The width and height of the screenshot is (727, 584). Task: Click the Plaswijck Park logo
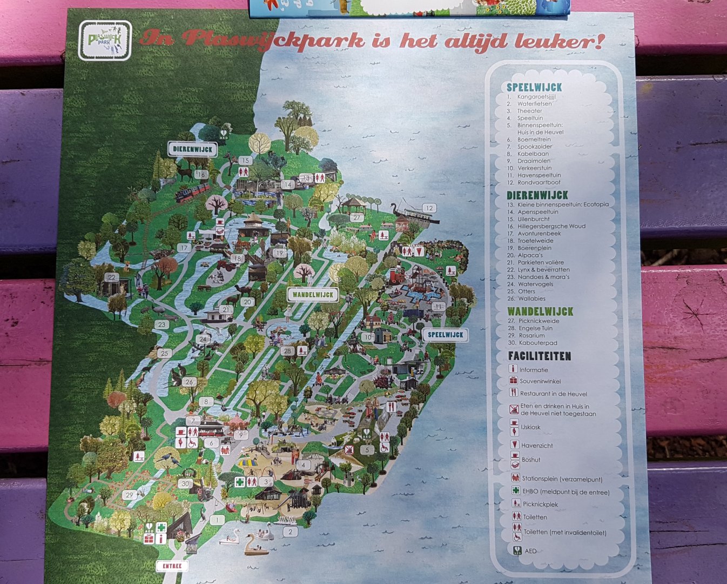point(105,41)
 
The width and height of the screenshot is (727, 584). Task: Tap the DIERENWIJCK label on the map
point(192,149)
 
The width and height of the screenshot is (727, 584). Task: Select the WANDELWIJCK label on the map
point(312,295)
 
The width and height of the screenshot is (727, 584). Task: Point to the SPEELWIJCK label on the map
point(445,335)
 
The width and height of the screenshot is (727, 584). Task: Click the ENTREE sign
point(172,566)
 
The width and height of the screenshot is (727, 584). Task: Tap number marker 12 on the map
point(429,208)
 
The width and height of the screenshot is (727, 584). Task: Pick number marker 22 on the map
point(112,277)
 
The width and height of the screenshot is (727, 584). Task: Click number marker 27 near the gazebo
point(356,218)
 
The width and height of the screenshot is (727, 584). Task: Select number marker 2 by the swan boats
point(291,532)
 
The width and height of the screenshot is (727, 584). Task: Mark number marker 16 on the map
point(201,175)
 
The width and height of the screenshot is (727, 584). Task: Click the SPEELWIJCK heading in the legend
point(534,87)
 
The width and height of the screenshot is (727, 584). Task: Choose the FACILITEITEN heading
point(539,356)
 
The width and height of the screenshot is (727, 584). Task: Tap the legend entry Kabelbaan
point(533,154)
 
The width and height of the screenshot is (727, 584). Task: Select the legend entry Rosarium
point(531,336)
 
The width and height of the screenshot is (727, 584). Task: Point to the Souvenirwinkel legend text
point(540,381)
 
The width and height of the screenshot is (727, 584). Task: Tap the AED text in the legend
point(530,551)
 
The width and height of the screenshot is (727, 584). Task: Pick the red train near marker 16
point(192,192)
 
